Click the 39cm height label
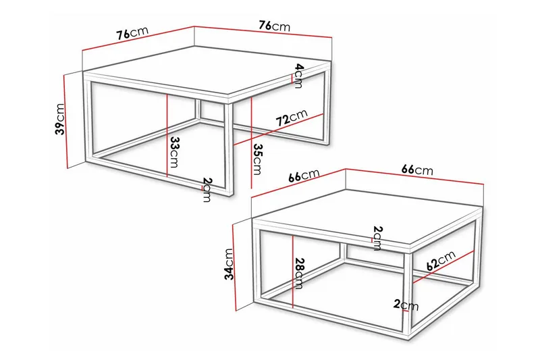pos(59,120)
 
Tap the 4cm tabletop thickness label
pos(298,74)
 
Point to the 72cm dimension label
pos(291,118)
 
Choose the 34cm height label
pos(229,264)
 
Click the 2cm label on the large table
pos(207,190)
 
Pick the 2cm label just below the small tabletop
pos(377,238)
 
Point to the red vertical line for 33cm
pos(166,135)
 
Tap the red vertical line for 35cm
pos(251,142)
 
